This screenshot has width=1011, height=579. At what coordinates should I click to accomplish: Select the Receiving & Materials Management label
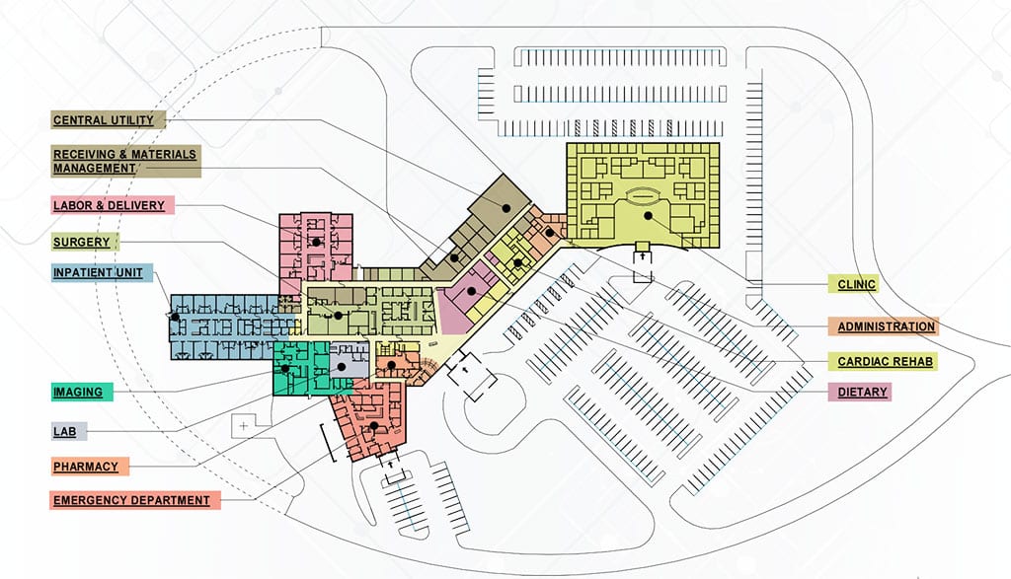[x=124, y=161]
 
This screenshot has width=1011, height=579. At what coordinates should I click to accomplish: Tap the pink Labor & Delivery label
[x=112, y=205]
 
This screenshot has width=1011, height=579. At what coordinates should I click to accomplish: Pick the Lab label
[x=69, y=431]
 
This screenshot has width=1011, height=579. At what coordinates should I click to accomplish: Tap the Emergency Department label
[x=134, y=500]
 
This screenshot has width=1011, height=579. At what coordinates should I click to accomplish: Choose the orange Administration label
[x=882, y=326]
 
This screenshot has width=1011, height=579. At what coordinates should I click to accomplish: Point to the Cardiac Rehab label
[x=882, y=361]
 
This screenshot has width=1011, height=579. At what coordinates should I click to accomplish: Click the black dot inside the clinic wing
[x=648, y=214]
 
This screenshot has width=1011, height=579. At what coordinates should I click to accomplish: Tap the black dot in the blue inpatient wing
[x=175, y=318]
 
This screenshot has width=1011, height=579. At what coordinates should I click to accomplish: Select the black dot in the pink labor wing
[x=316, y=241]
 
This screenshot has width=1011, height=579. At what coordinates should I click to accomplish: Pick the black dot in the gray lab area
[x=341, y=366]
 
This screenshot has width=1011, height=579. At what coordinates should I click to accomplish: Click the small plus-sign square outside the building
[x=242, y=426]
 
